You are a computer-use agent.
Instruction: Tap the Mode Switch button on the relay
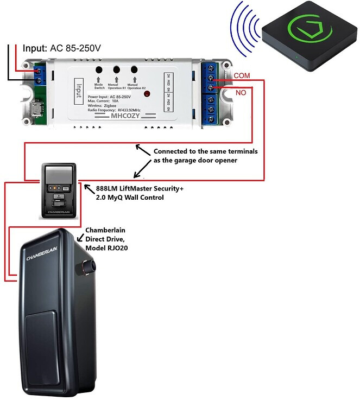pos(100,70)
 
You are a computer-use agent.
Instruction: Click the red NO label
pos(241,93)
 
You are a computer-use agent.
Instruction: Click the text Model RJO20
pos(106,247)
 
